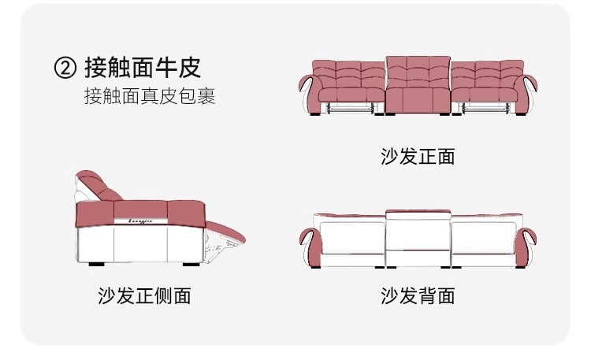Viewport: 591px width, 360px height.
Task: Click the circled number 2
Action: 65,68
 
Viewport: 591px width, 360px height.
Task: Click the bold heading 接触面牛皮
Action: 143,68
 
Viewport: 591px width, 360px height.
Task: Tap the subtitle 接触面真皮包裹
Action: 150,96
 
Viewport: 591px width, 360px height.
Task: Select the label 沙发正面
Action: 418,156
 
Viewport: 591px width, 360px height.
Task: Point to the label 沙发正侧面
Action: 144,295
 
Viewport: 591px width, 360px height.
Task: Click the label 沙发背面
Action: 418,295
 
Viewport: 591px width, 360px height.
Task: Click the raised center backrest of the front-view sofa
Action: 418,72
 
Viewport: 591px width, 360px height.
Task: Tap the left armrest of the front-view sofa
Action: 310,92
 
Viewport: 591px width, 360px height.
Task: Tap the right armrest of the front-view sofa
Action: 526,92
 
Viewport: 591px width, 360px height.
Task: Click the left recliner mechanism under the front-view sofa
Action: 350,108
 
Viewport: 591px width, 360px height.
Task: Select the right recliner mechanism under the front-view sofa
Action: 486,108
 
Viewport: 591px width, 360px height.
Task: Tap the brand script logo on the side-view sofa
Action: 140,221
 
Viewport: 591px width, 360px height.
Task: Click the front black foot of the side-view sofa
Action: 191,264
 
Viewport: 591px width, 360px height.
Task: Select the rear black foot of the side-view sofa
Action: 96,264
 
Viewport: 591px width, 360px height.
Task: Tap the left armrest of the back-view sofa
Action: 310,246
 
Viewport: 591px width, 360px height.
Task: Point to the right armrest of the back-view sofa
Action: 526,246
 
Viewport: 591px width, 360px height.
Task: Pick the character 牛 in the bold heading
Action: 166,68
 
